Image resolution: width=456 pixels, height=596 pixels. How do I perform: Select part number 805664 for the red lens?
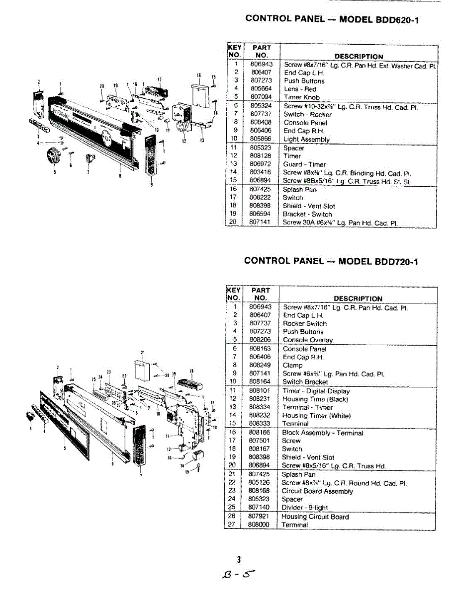261,89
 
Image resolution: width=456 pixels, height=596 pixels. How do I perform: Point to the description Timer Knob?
302,97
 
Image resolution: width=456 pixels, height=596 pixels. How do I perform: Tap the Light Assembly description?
306,140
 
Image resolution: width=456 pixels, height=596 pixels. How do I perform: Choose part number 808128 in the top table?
261,156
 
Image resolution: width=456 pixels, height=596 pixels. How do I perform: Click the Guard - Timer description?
304,164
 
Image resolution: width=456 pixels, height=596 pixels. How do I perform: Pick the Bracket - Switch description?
307,214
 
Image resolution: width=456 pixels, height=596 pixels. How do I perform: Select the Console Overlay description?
308,340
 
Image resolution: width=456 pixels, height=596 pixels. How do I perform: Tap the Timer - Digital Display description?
316,391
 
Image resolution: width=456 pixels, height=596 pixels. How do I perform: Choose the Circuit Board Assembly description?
317,491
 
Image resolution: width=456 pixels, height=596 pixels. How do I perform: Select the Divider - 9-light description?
305,508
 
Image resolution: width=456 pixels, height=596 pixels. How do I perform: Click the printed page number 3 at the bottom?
239,560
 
